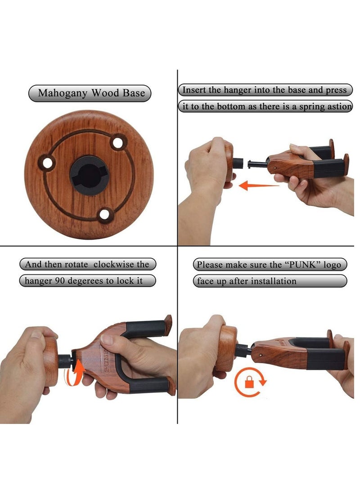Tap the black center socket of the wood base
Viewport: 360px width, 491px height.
point(89,176)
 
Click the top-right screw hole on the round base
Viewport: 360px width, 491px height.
point(118,144)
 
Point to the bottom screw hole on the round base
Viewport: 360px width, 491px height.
point(105,214)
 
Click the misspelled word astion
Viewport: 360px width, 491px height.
point(337,107)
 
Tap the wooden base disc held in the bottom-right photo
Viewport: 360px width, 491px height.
point(226,349)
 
